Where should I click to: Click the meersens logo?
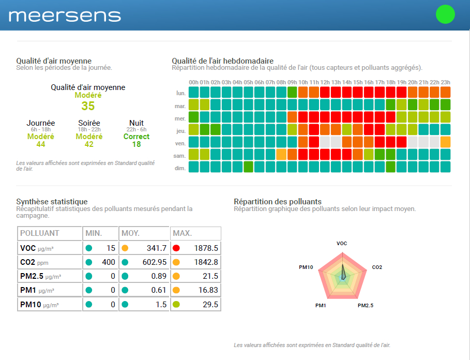point(65,16)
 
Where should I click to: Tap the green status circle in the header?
point(445,14)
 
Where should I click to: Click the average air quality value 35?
point(88,106)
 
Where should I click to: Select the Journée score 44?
point(40,144)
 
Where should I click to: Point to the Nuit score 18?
point(137,144)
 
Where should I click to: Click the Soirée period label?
point(89,123)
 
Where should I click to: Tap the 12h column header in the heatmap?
point(325,82)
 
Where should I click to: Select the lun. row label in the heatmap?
point(180,93)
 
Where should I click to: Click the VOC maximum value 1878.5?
point(206,248)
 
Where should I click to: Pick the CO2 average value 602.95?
point(154,262)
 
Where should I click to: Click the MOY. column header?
point(131,233)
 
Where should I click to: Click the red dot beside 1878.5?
point(176,248)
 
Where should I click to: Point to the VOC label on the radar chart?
point(342,243)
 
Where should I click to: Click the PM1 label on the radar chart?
point(321,306)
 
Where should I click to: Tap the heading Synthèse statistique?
point(52,202)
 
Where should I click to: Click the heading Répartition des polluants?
point(278,202)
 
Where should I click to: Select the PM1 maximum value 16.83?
point(207,291)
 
